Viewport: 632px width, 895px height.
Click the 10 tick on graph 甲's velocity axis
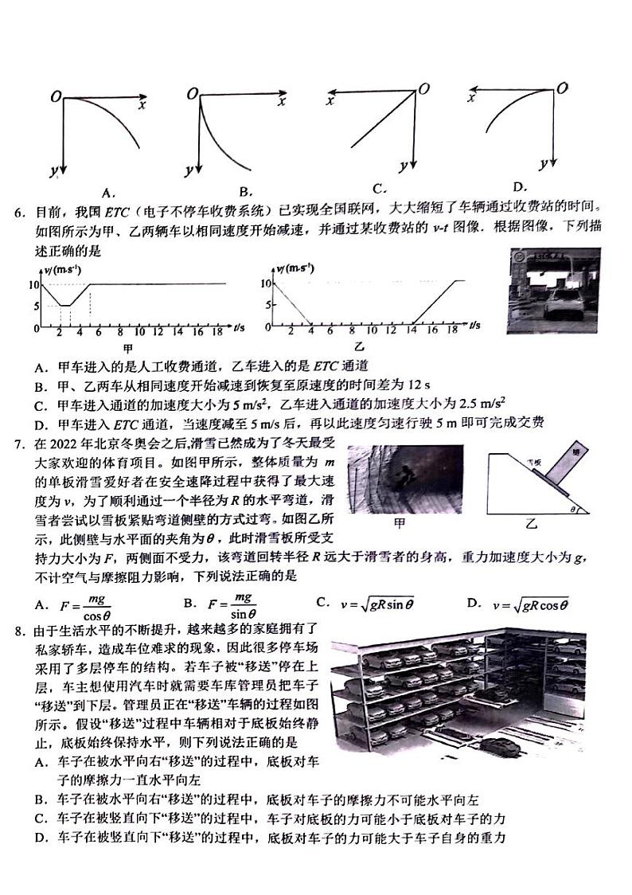pos(33,284)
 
